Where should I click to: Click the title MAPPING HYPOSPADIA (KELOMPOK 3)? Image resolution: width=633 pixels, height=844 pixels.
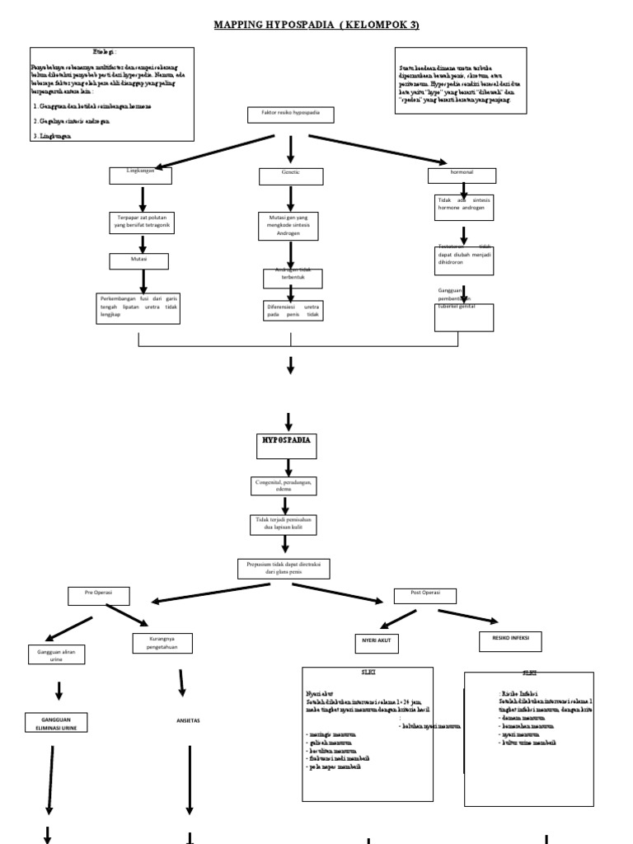tap(316, 25)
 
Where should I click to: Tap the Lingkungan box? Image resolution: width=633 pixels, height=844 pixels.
tap(141, 175)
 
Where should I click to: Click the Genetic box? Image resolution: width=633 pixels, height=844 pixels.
tap(291, 176)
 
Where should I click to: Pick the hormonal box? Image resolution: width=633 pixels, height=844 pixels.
tap(462, 175)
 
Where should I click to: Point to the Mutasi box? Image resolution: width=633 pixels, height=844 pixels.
tap(139, 260)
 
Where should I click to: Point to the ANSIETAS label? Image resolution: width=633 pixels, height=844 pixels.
tap(188, 720)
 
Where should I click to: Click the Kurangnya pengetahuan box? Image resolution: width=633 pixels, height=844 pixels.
tap(162, 644)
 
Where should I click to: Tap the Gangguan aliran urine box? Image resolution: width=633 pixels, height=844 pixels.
tap(57, 653)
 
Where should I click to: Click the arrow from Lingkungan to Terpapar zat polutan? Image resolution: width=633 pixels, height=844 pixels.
tap(142, 198)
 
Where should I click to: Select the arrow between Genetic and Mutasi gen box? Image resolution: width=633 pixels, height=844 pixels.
tap(291, 198)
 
